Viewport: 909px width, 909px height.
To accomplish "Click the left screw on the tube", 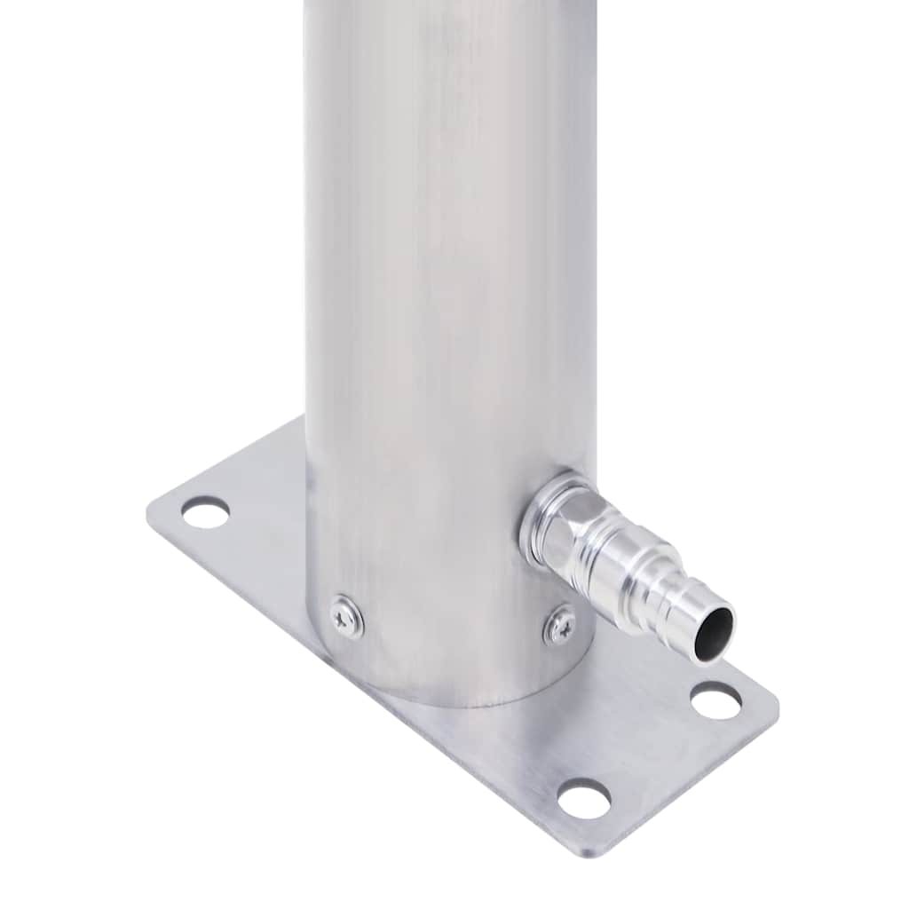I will (x=346, y=617).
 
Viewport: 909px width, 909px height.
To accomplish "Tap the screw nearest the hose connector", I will (x=560, y=625).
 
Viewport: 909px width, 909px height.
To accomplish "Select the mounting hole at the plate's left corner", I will (x=205, y=512).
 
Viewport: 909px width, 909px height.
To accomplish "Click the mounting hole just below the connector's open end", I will (x=715, y=700).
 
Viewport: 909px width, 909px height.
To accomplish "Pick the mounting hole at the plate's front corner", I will (x=584, y=798).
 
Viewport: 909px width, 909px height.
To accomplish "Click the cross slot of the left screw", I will (x=346, y=617).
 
